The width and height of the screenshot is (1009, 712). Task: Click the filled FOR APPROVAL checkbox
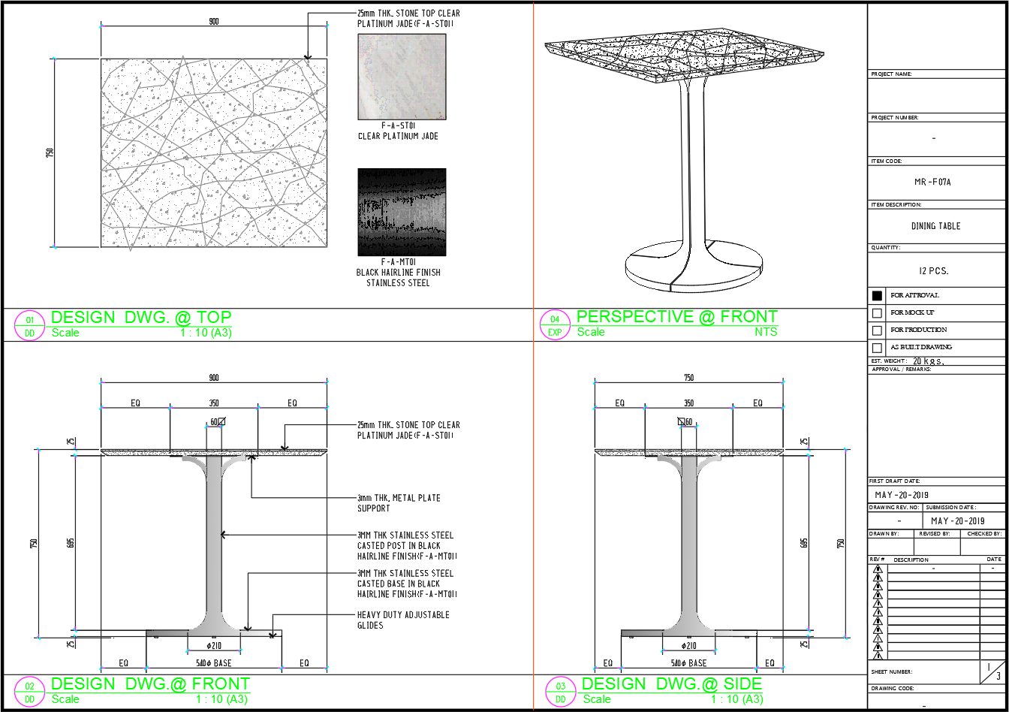877,296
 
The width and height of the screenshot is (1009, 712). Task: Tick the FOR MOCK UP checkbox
877,313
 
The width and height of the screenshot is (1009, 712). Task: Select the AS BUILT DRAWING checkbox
877,348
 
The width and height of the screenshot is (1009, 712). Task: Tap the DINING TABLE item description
935,226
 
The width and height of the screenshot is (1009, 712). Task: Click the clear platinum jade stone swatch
402,77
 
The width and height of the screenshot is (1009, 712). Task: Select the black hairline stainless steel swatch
402,212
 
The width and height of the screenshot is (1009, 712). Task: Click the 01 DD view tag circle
30,325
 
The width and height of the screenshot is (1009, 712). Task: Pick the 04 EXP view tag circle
555,325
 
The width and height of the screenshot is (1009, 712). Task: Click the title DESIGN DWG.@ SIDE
671,684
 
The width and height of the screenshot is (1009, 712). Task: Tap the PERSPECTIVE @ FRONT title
676,317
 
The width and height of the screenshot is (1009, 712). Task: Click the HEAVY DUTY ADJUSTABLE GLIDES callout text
403,620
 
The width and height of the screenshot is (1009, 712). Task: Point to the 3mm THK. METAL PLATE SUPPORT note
399,503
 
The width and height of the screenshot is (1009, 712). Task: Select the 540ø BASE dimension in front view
212,663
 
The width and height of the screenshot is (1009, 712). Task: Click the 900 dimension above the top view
214,22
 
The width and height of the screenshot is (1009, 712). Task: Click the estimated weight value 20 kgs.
928,361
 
